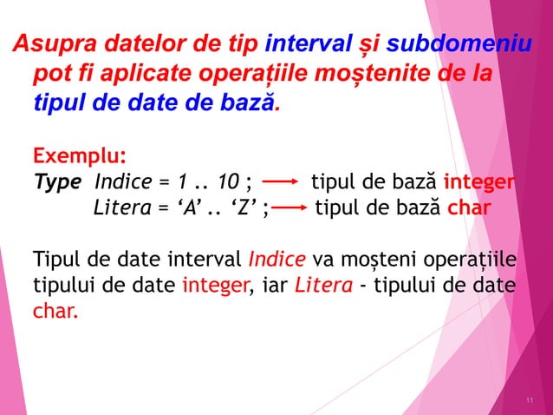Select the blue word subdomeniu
(459, 43)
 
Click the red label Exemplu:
(79, 157)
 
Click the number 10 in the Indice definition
(229, 183)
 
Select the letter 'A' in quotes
(189, 208)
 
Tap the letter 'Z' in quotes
(245, 208)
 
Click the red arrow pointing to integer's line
(280, 183)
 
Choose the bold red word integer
(480, 183)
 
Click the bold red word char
(469, 208)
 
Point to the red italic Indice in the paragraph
(277, 260)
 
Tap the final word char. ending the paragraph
(54, 311)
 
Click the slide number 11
(530, 399)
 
